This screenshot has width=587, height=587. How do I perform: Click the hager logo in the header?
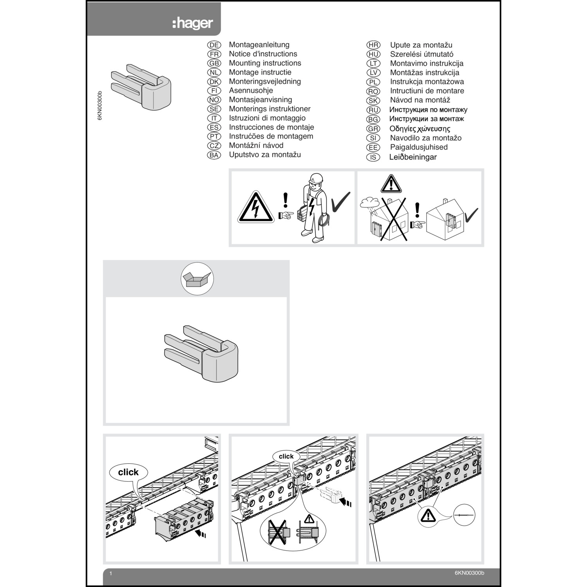[x=193, y=23]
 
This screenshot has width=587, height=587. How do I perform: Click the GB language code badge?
[x=214, y=63]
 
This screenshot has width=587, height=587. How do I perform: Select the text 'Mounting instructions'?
[x=265, y=63]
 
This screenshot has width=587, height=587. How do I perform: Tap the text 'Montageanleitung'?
[x=259, y=45]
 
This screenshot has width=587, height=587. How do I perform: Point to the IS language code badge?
[x=373, y=157]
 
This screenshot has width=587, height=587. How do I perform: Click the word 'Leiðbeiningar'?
[x=413, y=157]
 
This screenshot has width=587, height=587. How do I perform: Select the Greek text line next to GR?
[x=420, y=129]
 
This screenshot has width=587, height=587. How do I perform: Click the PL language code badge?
[x=373, y=82]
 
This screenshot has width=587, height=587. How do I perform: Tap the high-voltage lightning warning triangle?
[x=256, y=208]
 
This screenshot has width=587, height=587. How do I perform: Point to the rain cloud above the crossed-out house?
[x=369, y=202]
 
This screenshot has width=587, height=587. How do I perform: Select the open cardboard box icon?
[x=197, y=279]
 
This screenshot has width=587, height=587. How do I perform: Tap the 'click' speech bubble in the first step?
[x=128, y=472]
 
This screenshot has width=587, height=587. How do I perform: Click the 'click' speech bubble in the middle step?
[x=286, y=456]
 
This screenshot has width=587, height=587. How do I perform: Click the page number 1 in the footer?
[x=111, y=574]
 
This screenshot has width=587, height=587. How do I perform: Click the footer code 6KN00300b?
[x=469, y=573]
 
